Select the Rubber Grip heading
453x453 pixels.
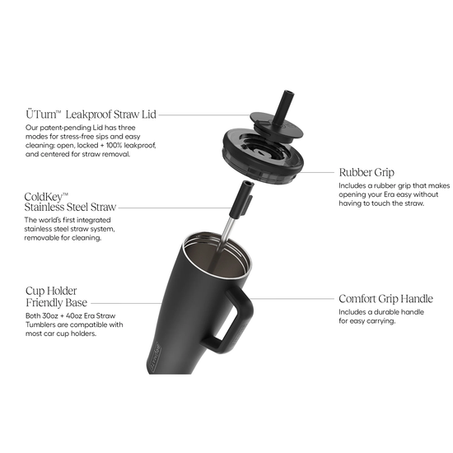click(x=367, y=173)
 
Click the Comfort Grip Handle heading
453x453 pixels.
click(x=385, y=298)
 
